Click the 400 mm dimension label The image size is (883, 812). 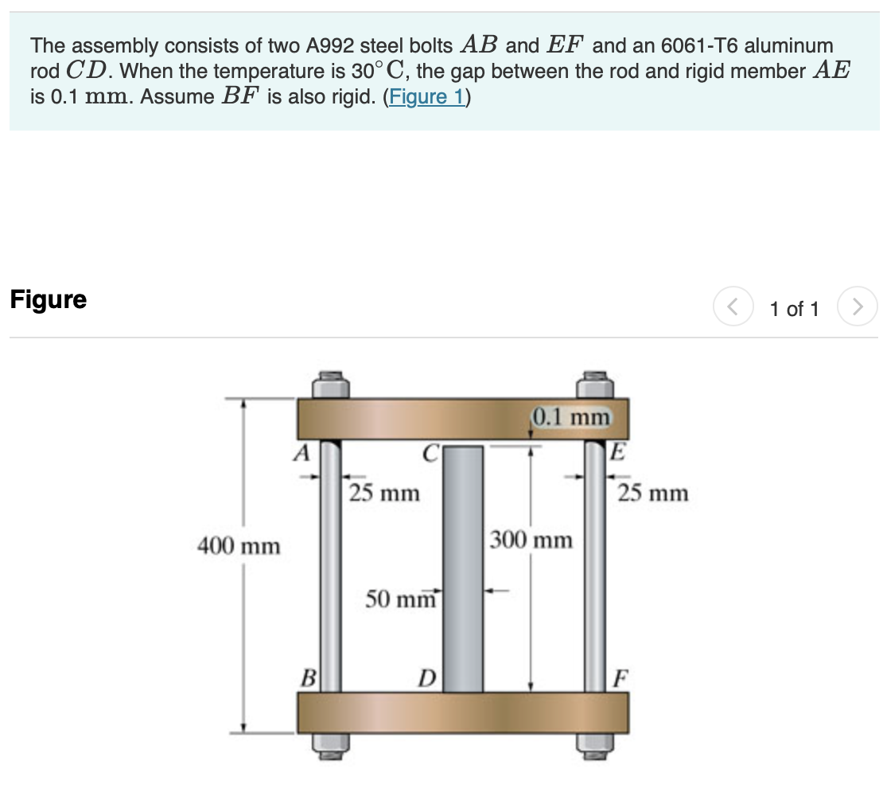click(x=239, y=546)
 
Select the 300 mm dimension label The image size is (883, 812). click(x=531, y=540)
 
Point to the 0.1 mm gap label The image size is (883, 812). click(x=571, y=416)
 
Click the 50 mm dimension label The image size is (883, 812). click(x=401, y=598)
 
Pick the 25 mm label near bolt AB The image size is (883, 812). click(x=384, y=494)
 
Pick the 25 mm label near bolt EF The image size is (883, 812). click(x=653, y=494)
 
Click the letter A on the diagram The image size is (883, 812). click(x=301, y=453)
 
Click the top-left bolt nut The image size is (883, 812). click(x=330, y=385)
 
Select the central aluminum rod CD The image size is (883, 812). click(x=463, y=569)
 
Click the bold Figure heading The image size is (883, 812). click(x=49, y=300)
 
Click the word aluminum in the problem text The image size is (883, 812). click(x=788, y=45)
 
